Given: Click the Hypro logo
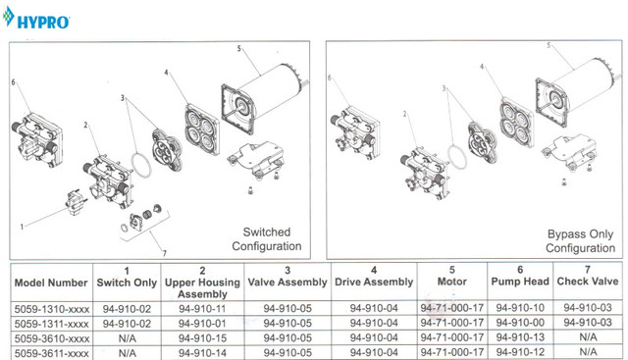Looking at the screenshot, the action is coord(35,19).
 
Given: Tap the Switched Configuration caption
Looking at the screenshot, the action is coord(266,239).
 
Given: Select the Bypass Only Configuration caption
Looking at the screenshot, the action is coord(580,241).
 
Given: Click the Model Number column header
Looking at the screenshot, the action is coord(51,283).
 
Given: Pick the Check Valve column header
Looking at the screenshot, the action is coord(588,276).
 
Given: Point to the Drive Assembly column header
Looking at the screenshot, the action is coord(374,277).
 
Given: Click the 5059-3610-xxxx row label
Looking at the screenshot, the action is coord(52,338).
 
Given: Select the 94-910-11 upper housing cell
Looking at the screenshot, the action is coord(202,309).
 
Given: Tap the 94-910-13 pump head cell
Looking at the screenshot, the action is coord(520,337).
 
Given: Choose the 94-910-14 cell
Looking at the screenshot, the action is coord(202,353).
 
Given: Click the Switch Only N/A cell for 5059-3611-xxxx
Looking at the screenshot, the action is coord(127,353).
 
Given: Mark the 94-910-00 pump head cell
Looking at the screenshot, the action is coord(520,323).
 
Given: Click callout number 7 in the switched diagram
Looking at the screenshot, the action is coord(164,253).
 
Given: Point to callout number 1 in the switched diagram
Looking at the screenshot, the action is coord(22,227).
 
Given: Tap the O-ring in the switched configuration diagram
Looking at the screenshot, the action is coord(141,164).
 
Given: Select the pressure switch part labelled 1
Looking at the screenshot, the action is coord(77,202).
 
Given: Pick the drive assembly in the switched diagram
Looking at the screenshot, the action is coord(202,129).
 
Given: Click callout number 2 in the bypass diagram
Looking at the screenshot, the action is coord(404,114).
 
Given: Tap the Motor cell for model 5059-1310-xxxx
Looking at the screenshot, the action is coord(451,308).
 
